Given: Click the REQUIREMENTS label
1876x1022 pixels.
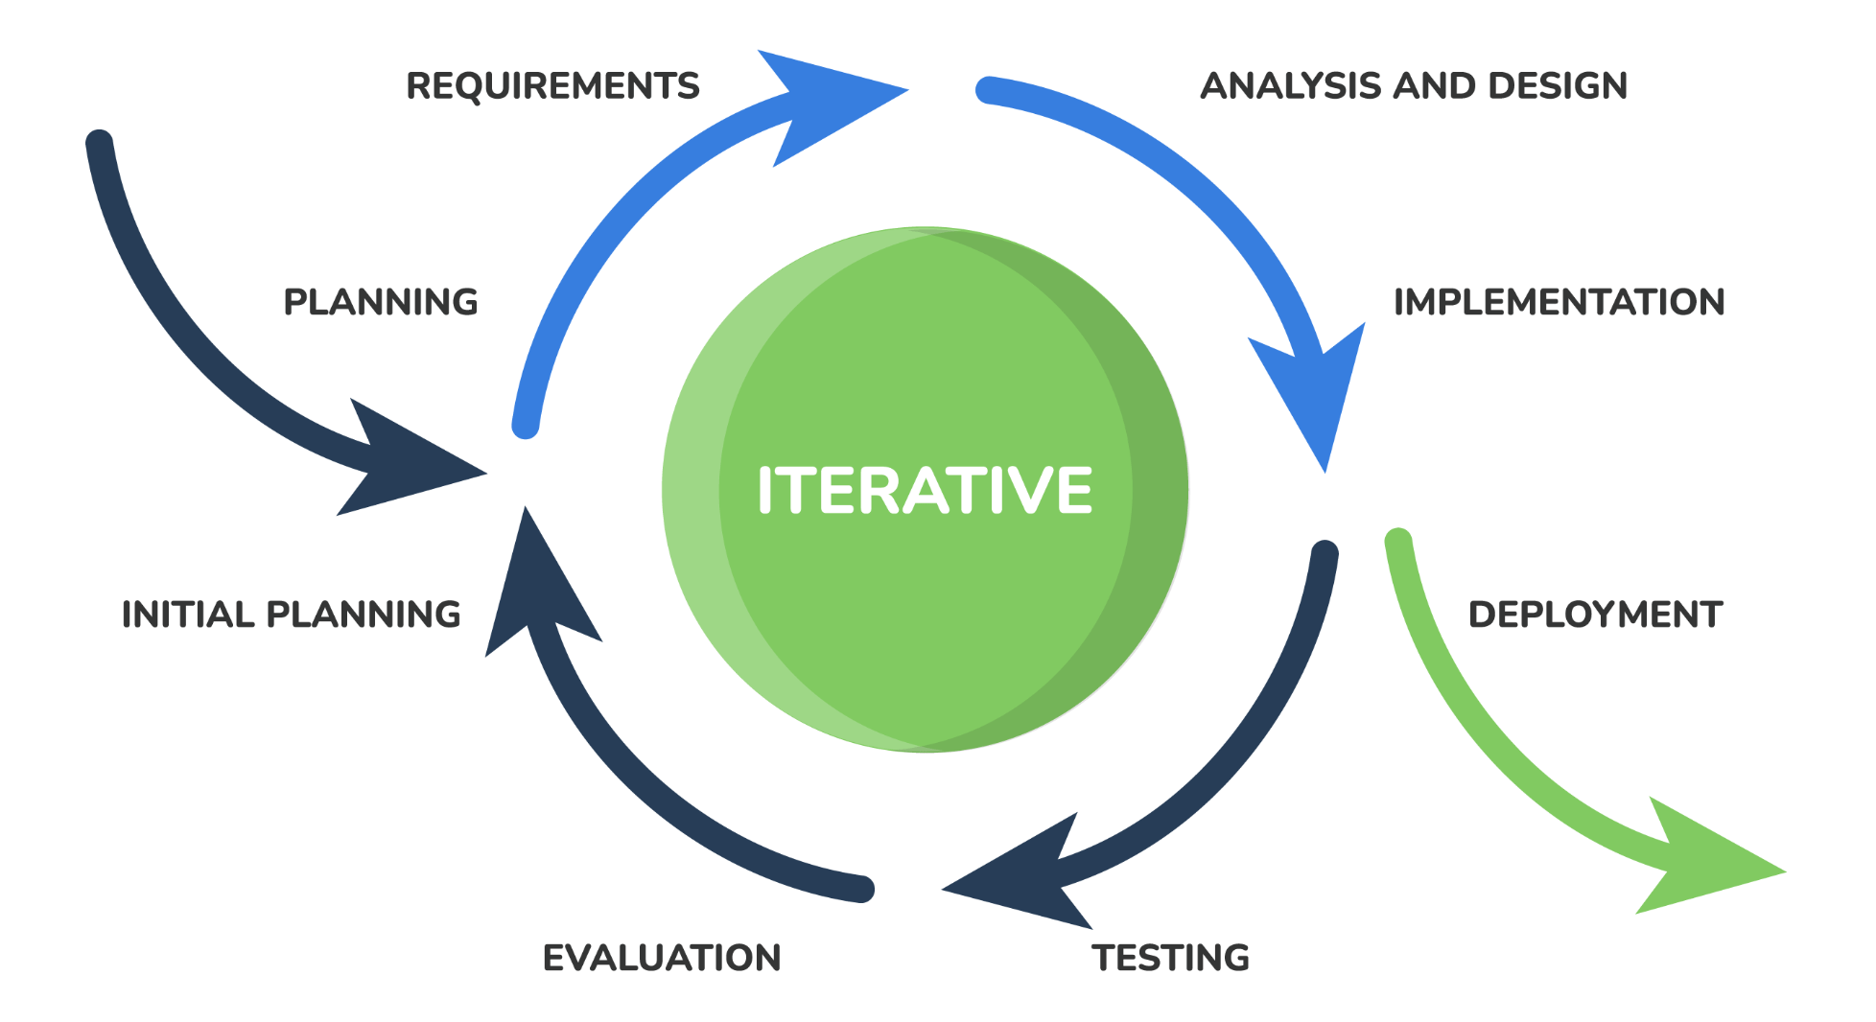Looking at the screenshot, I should coord(552,86).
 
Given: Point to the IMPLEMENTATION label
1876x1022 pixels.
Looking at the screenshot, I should coord(1559,302).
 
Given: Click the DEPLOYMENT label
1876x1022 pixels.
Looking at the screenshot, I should coord(1595,615).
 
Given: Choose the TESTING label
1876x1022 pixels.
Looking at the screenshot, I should coord(1170,958).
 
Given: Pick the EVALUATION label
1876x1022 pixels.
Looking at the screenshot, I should coord(662,958).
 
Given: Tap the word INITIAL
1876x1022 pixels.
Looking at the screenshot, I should coord(188,615).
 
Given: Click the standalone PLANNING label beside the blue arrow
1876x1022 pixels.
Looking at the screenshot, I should coord(381,302).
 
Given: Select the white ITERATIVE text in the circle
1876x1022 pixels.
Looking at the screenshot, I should coord(925,490).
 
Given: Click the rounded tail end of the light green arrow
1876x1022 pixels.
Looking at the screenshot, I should coord(1398,541).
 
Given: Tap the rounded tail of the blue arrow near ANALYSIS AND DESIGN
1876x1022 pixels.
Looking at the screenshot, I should coord(989,90).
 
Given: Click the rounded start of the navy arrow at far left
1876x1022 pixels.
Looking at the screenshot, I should coord(100,143).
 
